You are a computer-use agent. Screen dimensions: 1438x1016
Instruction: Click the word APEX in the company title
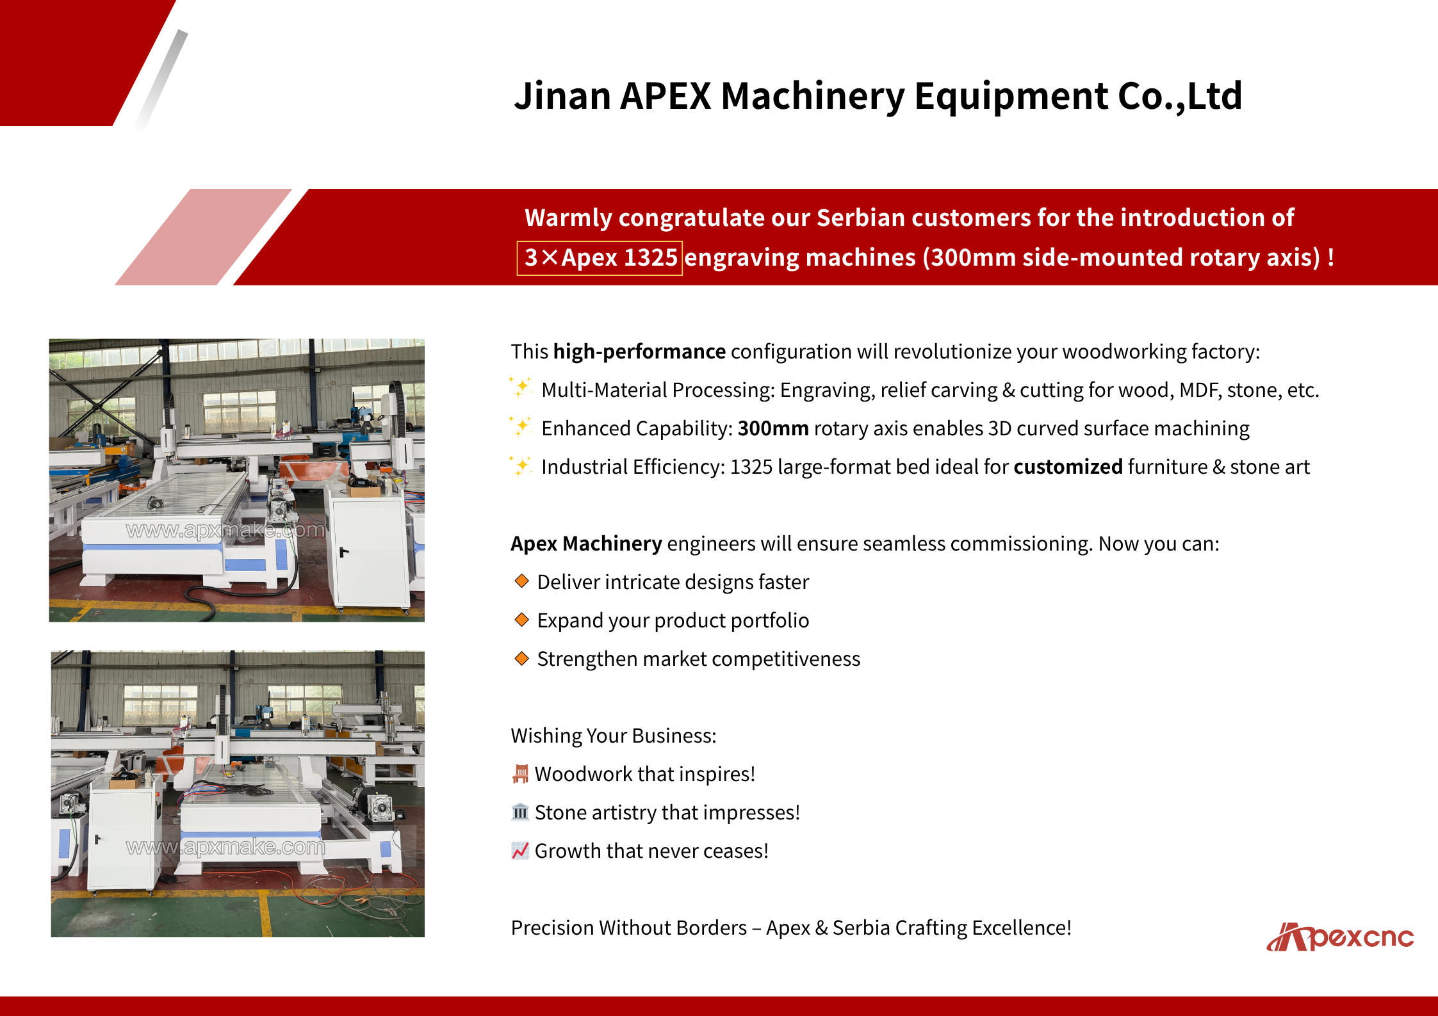click(x=666, y=96)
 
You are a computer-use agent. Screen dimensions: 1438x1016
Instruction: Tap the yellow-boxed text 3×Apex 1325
click(x=600, y=257)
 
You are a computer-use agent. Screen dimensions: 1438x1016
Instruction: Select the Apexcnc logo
click(x=1340, y=937)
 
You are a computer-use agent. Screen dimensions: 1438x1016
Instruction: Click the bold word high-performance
click(x=639, y=351)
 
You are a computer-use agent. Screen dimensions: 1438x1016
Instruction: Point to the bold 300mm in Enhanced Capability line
click(x=773, y=428)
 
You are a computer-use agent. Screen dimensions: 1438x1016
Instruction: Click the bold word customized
click(x=1068, y=467)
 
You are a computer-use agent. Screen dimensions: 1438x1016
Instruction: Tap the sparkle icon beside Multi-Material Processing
click(x=521, y=387)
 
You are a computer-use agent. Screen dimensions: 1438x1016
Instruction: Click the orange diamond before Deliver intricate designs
click(x=522, y=581)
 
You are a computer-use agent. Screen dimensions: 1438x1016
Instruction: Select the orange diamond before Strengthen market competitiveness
click(x=522, y=657)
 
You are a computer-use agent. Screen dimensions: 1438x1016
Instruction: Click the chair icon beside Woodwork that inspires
click(x=521, y=773)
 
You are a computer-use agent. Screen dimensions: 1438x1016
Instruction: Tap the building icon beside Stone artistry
click(x=520, y=812)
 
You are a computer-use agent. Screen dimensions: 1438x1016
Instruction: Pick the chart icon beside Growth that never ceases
click(x=520, y=850)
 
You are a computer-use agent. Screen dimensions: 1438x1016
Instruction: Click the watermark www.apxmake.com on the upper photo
click(x=225, y=530)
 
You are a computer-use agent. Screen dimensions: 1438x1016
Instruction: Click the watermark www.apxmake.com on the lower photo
click(x=225, y=847)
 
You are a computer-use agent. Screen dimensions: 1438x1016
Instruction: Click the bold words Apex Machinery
click(x=586, y=544)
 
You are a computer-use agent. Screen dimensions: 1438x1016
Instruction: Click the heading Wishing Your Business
click(x=614, y=736)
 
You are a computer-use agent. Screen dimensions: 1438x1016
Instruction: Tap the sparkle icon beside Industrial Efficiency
click(x=521, y=464)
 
